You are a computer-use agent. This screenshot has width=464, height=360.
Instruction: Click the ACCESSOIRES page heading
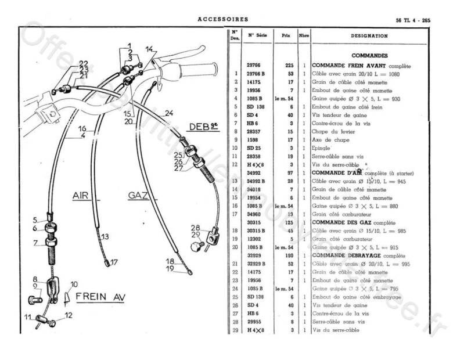click(223, 19)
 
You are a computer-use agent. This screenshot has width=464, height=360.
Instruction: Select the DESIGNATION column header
click(369, 35)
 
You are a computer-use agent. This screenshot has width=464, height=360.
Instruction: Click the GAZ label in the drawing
click(138, 196)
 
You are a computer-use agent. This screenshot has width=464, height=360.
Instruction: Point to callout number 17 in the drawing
click(114, 261)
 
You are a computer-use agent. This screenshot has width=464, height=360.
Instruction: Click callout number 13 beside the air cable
click(105, 236)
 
